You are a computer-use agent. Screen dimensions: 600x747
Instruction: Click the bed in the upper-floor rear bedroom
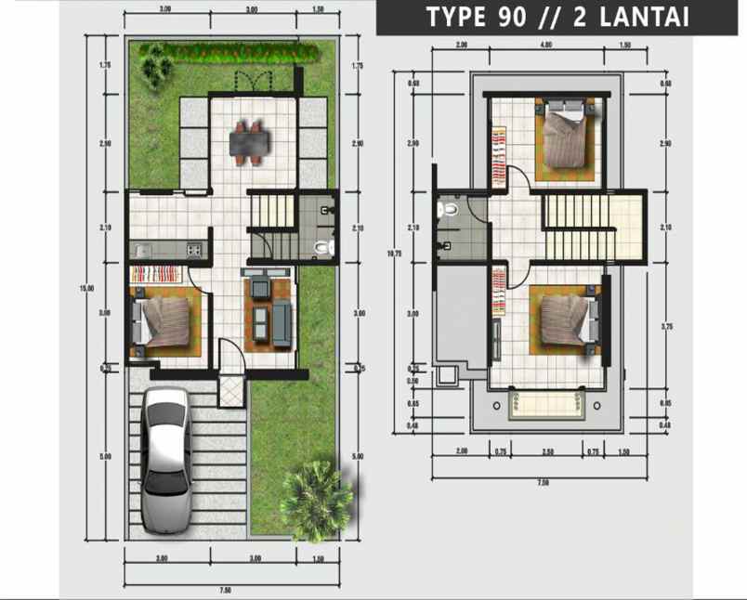[566, 139]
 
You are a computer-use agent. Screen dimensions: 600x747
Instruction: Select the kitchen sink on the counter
[142, 249]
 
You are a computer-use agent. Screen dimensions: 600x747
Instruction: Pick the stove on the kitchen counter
[193, 249]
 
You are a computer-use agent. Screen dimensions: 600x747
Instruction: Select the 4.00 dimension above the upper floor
[546, 45]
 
